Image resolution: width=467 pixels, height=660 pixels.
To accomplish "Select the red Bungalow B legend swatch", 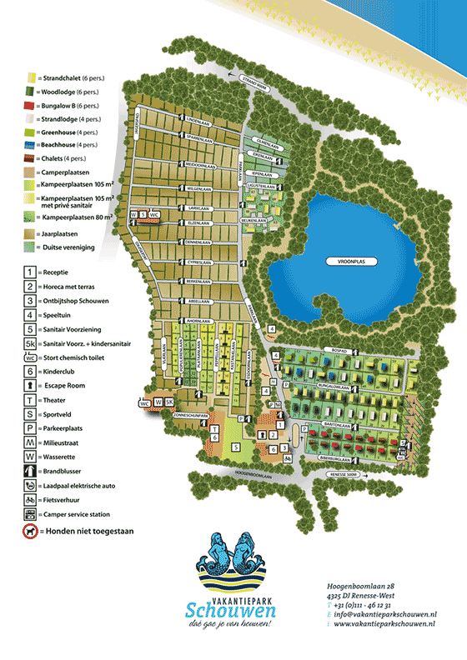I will point(29,107).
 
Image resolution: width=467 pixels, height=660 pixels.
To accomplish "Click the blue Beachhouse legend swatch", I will point(29,145).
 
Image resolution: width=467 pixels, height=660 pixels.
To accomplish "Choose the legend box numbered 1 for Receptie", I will point(30,272).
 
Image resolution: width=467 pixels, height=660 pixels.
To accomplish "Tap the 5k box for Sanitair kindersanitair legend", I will point(30,343).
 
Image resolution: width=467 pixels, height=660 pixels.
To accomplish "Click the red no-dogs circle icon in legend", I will point(30,531).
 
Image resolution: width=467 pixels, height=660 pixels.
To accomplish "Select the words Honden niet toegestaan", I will point(80,531).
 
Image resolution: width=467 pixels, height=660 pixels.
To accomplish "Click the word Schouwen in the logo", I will point(225,607).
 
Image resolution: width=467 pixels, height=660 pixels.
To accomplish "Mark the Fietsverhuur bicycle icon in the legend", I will point(30,500).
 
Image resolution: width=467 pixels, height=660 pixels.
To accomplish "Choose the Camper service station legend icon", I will point(30,514).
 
